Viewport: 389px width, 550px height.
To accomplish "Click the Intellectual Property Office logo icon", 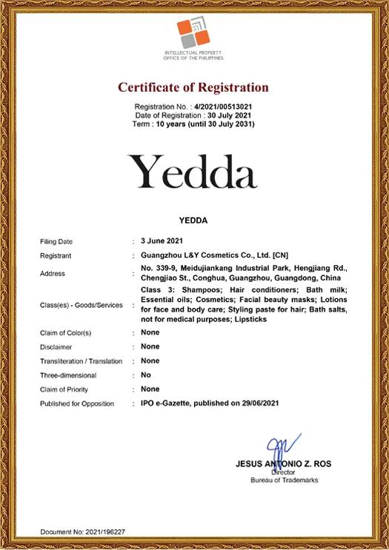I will tap(193, 34).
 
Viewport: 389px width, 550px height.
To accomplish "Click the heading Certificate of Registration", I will tap(193, 87).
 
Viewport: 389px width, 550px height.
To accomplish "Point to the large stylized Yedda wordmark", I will tap(193, 171).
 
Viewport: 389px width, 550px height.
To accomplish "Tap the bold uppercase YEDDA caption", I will tap(193, 220).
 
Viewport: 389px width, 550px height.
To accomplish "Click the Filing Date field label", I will tap(56, 241).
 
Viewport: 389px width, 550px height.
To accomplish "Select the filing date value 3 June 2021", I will tap(162, 241).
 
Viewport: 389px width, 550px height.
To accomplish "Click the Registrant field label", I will tap(56, 255).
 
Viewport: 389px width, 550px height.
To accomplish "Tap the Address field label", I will tap(53, 273).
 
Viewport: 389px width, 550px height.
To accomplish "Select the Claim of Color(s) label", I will tap(65, 333).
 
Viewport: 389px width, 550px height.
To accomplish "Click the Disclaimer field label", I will tap(56, 347).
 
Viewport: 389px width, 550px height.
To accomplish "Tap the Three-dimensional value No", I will tap(146, 375).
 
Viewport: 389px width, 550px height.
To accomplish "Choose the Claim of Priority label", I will tap(64, 389).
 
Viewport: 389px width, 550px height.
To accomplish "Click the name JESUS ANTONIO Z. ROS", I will tap(283, 464).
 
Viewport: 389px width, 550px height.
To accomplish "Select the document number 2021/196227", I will tap(104, 531).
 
